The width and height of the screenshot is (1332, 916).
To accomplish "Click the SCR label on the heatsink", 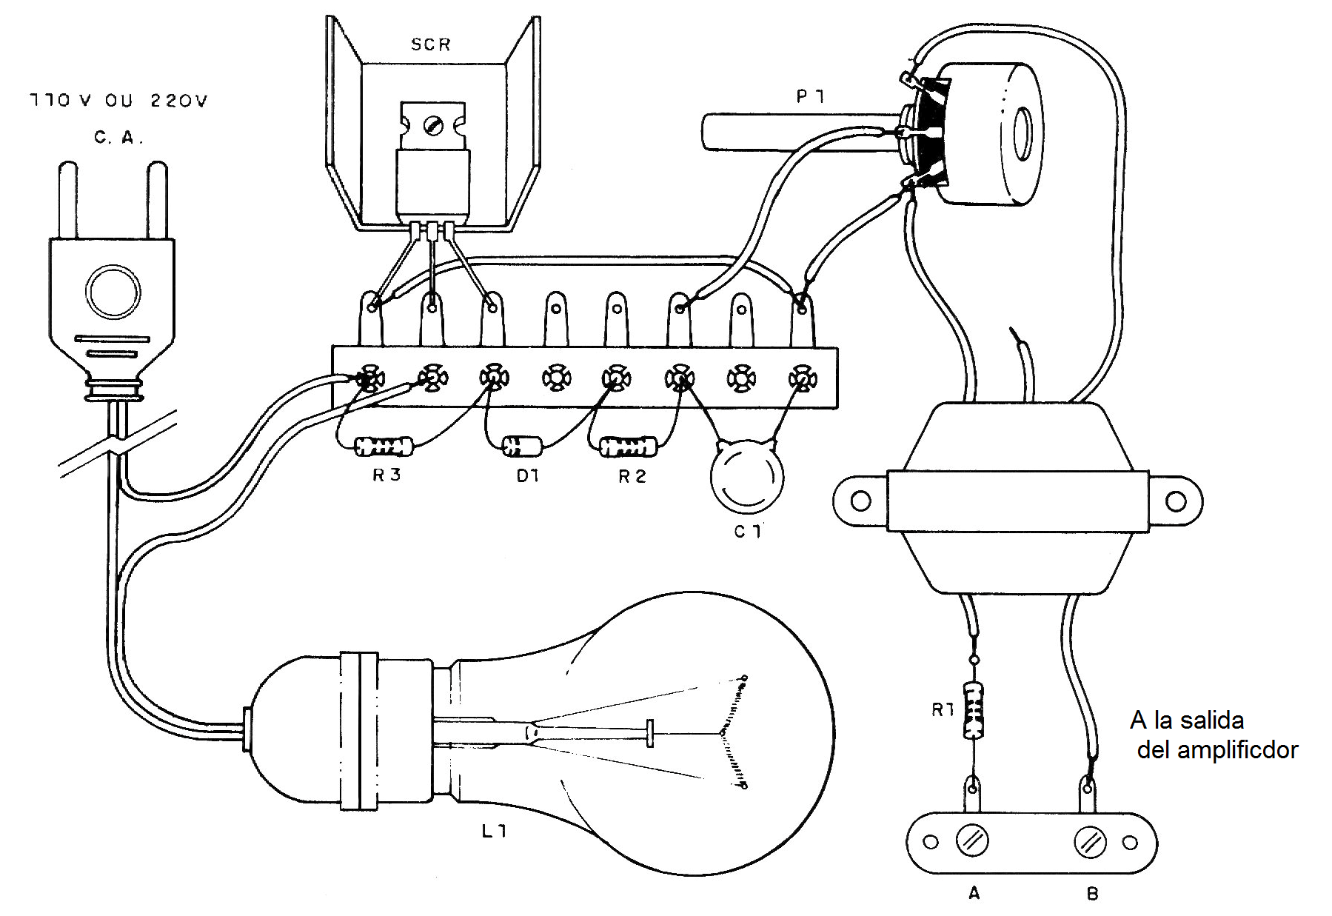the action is pos(431,44).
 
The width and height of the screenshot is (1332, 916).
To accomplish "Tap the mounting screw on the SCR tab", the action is pos(432,127).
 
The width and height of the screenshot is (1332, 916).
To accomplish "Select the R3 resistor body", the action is pos(384,447).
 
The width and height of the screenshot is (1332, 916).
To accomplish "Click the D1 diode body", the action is pos(522,446).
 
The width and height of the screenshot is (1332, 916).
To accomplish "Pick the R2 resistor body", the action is pos(627,447).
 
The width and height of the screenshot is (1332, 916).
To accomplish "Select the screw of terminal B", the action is pos(1090,842).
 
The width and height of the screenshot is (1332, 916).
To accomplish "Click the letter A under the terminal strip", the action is pos(974,893).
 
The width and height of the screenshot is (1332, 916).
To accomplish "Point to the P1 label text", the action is pos(811,96).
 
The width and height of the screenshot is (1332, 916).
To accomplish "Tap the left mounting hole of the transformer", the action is pos(860,501).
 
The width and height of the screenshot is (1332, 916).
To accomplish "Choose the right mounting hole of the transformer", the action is pos(1176,501).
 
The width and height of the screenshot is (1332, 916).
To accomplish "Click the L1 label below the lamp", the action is pos(494,831).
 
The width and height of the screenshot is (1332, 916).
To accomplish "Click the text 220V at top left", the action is pos(179,100).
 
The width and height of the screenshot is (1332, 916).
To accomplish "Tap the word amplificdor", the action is pos(1237,751).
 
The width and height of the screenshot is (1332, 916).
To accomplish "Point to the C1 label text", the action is pos(748,531).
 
